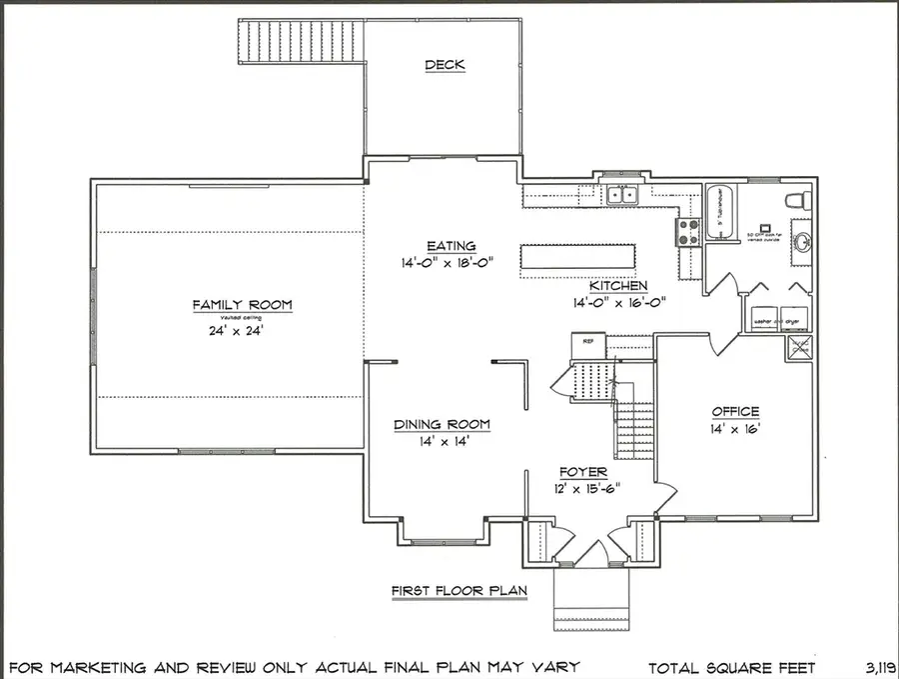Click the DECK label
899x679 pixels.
pos(445,66)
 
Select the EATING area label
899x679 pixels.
pos(450,246)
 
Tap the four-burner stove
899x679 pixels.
pos(690,232)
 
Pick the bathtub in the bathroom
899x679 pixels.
pos(719,214)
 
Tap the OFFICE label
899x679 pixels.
pos(735,412)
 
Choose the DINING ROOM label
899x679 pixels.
pos(442,425)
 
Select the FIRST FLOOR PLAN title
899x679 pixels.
pos(458,591)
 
